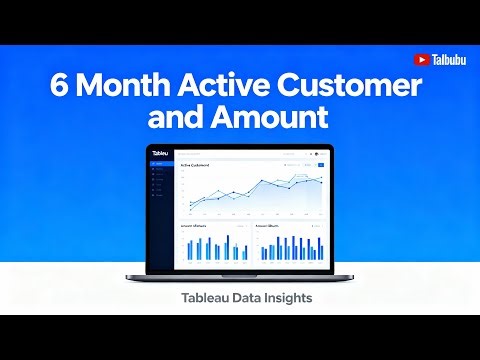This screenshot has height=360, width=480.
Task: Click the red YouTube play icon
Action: tap(421, 60)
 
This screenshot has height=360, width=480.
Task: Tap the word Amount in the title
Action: tap(275, 118)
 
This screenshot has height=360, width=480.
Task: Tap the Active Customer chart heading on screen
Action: tap(200, 165)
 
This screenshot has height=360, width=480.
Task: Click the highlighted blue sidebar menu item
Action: tap(160, 163)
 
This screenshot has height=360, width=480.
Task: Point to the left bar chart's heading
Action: tap(193, 227)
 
